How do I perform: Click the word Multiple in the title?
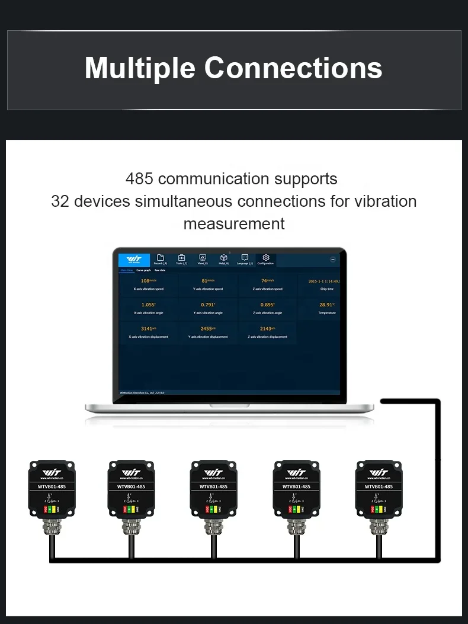pos(140,68)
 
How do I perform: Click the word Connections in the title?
pos(293,68)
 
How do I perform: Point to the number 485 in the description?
pos(139,179)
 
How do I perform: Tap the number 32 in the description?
pos(60,201)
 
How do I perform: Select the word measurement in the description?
pos(234,224)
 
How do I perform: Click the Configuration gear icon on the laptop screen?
pos(266,258)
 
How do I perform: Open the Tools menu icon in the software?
pos(182,258)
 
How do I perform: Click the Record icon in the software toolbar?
pos(161,258)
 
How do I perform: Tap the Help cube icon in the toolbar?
pos(223,258)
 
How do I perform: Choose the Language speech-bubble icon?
pos(245,258)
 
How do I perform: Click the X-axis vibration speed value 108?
pos(145,281)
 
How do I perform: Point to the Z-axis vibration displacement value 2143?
pos(266,328)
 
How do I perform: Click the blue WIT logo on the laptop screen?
pos(134,260)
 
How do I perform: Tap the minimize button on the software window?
pos(332,260)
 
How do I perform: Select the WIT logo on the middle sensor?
pos(213,472)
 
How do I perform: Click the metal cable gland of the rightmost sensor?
pos(379,527)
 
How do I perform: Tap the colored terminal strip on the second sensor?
pos(130,509)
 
